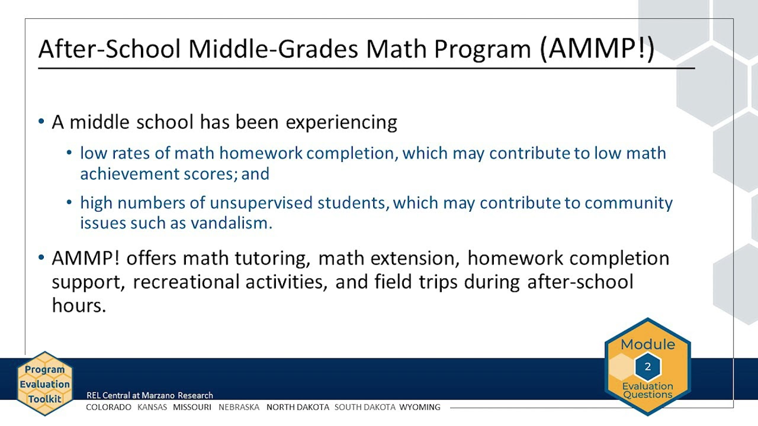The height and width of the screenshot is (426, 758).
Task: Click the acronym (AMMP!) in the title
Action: click(597, 49)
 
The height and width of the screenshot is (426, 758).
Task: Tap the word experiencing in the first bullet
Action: click(342, 122)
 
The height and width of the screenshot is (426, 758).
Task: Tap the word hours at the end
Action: click(78, 305)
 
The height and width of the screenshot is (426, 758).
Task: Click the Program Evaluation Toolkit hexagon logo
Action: click(44, 384)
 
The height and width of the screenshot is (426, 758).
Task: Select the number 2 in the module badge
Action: click(647, 367)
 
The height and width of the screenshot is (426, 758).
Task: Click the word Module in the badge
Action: click(647, 344)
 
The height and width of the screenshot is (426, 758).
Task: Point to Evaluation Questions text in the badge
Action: click(647, 390)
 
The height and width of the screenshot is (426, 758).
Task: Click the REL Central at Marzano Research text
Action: click(149, 395)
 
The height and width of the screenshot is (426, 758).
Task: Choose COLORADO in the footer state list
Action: click(108, 407)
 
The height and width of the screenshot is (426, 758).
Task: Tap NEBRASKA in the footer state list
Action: click(239, 407)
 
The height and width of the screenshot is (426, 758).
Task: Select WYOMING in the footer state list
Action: click(420, 407)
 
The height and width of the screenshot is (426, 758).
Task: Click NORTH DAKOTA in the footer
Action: click(297, 407)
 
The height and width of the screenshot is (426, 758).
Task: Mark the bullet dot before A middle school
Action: click(41, 122)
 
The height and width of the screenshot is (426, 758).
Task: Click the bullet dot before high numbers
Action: click(70, 203)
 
